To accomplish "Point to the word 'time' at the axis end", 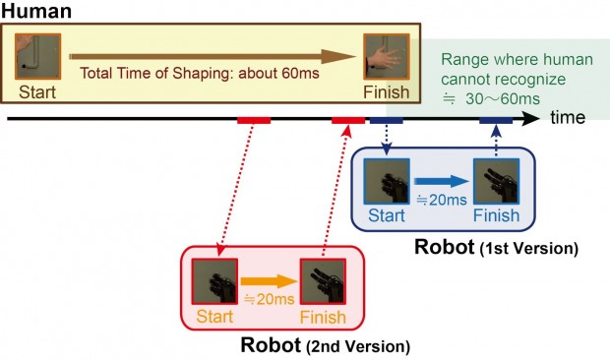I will (568, 117).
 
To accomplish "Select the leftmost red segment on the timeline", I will (254, 121).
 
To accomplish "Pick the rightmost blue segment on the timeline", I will (494, 121).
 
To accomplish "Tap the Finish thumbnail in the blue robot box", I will (494, 182).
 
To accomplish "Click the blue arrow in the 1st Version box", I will (439, 181).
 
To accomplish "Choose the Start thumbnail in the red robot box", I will (213, 280).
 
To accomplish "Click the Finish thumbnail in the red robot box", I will (323, 281).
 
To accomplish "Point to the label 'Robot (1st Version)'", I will (496, 245).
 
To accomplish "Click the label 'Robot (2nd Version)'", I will (325, 345).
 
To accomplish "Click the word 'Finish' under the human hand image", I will (385, 91).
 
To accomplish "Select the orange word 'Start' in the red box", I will (214, 317).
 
